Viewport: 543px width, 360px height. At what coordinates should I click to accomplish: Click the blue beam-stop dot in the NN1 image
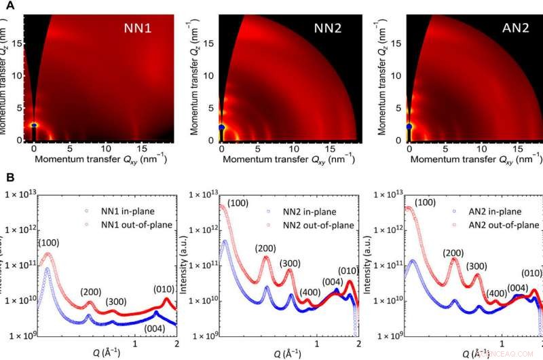coord(35,125)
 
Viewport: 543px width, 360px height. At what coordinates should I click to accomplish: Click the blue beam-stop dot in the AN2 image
coord(409,126)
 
